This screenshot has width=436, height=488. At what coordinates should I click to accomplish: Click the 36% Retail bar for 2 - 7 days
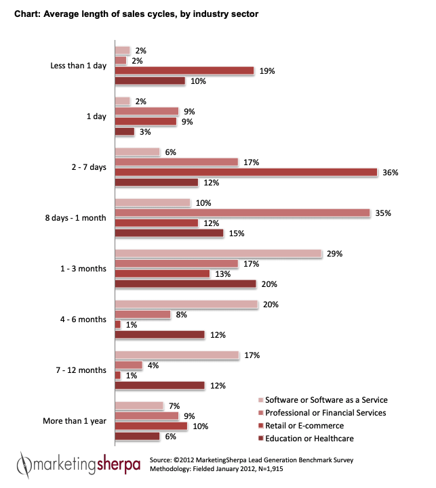pos(245,173)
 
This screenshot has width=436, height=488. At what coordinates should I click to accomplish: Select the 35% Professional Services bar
pos(242,213)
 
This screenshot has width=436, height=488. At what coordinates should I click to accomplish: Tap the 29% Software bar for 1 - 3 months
pos(218,254)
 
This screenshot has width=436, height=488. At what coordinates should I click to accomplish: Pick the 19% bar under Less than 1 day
pos(184,71)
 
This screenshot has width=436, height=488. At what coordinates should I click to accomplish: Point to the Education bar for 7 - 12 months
pos(159,385)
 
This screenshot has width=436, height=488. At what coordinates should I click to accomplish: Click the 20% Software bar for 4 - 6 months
pos(186,305)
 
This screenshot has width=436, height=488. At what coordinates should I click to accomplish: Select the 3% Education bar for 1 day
pos(125,132)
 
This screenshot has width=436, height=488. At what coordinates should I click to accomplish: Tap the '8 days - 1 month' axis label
pos(74,218)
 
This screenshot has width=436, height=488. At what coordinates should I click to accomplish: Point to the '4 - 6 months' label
pos(83,319)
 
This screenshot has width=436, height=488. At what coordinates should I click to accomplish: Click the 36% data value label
pos(390,173)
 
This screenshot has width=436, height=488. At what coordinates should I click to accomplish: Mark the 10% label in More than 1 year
pos(200,426)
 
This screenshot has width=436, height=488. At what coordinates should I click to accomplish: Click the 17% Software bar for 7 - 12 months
pos(177,355)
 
